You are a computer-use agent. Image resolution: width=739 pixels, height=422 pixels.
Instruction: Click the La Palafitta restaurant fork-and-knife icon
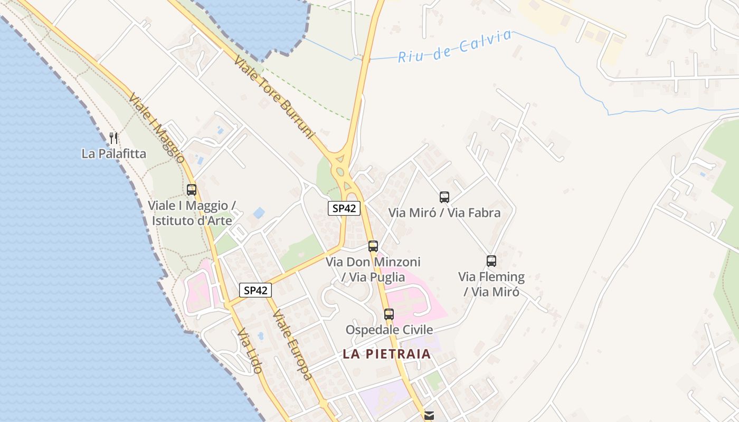pos(113,138)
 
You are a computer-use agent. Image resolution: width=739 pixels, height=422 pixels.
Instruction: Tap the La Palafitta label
pos(113,154)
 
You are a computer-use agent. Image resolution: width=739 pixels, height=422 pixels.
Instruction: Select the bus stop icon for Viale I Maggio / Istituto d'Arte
pos(192,190)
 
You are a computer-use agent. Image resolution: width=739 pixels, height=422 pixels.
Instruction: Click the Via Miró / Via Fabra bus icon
pos(444,197)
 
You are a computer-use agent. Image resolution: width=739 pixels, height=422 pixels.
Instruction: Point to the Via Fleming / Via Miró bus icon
pos(491,261)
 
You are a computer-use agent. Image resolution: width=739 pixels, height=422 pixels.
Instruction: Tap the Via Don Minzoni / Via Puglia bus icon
pos(373,246)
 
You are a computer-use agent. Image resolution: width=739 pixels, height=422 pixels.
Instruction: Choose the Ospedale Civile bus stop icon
pos(389,314)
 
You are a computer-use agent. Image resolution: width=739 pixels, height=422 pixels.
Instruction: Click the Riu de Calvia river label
pos(454,46)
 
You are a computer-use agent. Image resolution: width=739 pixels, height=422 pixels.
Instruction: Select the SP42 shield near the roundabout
pos(344,208)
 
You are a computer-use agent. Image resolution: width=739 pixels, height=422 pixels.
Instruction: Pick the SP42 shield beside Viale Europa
pos(255,290)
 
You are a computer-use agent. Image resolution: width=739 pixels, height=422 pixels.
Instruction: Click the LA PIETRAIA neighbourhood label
pos(387,354)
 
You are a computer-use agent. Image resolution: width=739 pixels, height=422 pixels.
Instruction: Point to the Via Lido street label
pos(250,351)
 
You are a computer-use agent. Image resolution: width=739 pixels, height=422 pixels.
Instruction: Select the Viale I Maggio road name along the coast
pos(156,128)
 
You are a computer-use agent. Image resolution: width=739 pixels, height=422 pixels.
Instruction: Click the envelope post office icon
pos(429,416)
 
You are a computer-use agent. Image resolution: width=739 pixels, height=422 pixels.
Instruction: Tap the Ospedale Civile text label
pos(389,330)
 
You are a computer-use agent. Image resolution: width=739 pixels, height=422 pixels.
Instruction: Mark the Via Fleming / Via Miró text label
pos(491,284)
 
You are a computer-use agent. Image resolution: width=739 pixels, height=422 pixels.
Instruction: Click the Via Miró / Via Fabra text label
pos(444,213)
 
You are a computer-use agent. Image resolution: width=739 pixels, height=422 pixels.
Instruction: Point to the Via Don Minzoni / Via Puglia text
pos(373,269)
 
